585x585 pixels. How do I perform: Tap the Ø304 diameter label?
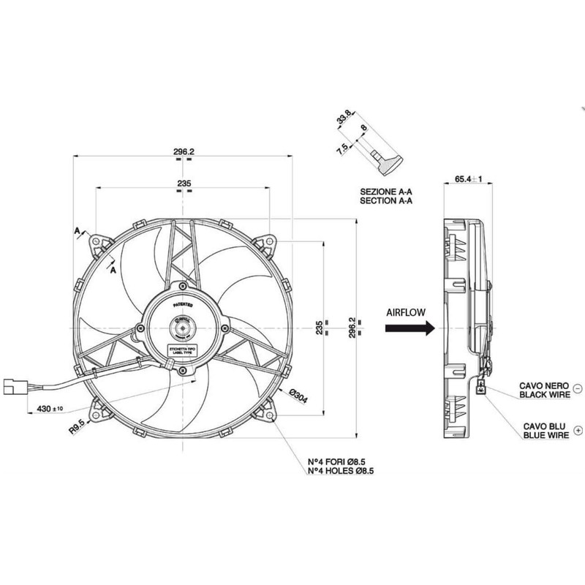[x=298, y=394]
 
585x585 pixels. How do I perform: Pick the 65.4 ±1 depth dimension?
[x=471, y=178]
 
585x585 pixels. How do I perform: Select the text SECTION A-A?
[x=387, y=200]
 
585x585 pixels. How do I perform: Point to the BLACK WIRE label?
[x=544, y=394]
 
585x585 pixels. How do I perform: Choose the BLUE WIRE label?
[x=544, y=434]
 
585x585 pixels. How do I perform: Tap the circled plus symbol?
[x=578, y=429]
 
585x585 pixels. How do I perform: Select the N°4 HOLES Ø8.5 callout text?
[x=342, y=472]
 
